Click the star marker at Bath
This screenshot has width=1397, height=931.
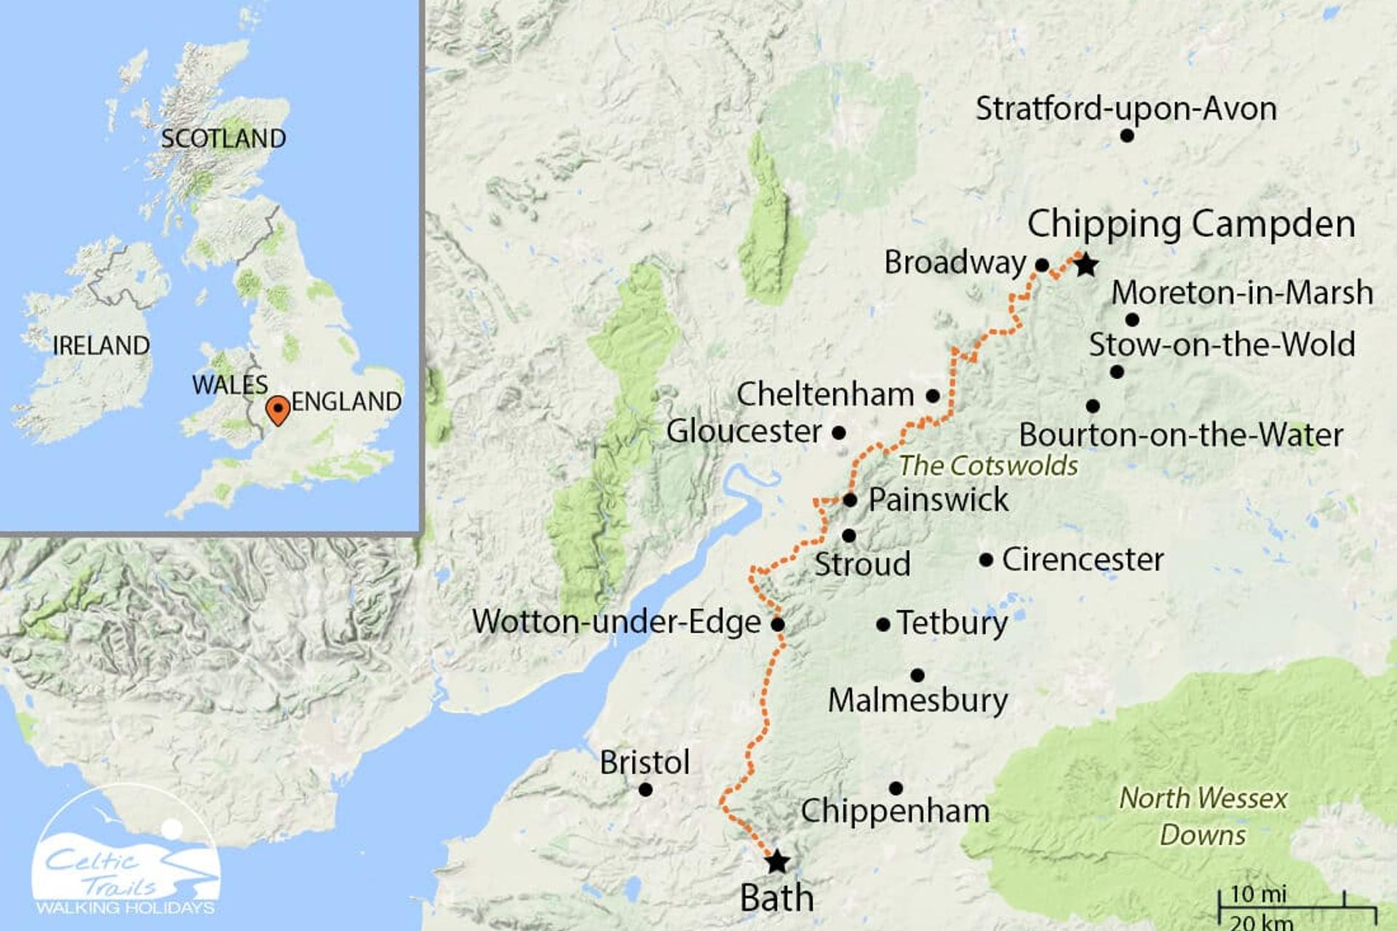[777, 862]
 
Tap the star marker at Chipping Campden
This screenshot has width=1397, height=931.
[1086, 265]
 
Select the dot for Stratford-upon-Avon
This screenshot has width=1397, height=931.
[1126, 135]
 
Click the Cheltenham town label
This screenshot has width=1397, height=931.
[825, 394]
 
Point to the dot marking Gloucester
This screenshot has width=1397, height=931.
[838, 433]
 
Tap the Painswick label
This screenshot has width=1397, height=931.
[939, 500]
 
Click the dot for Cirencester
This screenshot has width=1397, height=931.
[986, 560]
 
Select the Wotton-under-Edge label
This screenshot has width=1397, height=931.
[616, 622]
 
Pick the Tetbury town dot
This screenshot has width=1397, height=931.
[883, 624]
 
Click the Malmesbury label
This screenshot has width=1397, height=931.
[918, 700]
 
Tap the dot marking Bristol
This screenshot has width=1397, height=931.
[645, 789]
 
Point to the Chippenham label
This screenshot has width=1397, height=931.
[895, 811]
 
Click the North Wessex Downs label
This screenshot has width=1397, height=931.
[1203, 816]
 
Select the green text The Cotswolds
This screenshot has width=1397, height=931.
[988, 465]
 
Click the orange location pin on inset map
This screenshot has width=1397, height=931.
[278, 410]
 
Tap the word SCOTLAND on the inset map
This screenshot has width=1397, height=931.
[223, 138]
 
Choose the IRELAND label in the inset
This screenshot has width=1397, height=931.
[101, 345]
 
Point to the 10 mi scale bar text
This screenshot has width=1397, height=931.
[1258, 894]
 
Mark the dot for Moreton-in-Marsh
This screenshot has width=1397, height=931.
[1132, 319]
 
